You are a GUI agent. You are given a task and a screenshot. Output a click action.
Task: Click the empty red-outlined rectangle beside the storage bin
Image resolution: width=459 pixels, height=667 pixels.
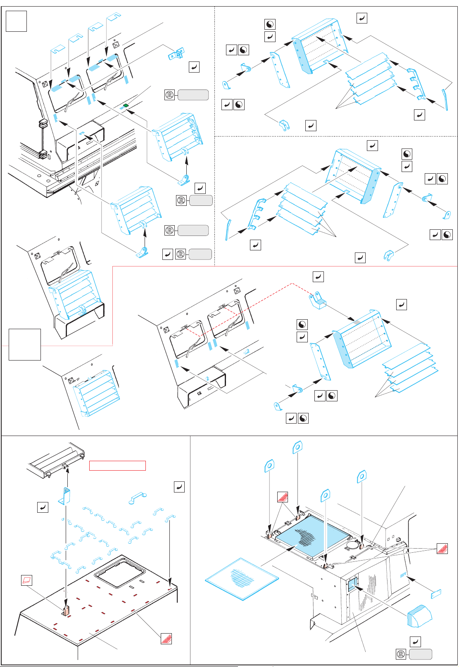point(117,465)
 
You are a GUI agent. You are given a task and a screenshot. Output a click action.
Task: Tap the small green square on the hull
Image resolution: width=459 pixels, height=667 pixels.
point(126,106)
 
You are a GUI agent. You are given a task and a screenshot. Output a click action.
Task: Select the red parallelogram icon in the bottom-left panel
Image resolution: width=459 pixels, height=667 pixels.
point(26,580)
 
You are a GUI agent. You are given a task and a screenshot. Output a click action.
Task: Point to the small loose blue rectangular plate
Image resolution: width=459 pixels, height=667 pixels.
point(436,594)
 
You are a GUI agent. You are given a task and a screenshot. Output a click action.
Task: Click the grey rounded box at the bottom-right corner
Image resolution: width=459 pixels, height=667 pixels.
point(420,654)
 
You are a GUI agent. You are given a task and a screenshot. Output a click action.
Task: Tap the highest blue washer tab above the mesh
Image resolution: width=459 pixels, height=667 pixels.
point(297,448)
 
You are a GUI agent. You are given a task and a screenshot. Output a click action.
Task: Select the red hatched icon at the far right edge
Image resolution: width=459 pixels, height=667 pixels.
point(442,549)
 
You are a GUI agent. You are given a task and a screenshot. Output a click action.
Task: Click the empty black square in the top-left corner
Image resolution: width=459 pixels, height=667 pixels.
point(16,21)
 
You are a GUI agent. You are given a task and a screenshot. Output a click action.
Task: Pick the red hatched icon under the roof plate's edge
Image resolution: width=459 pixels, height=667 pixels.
point(166,639)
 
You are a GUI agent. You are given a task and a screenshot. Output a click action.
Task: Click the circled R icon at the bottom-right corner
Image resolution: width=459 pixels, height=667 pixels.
point(401,654)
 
